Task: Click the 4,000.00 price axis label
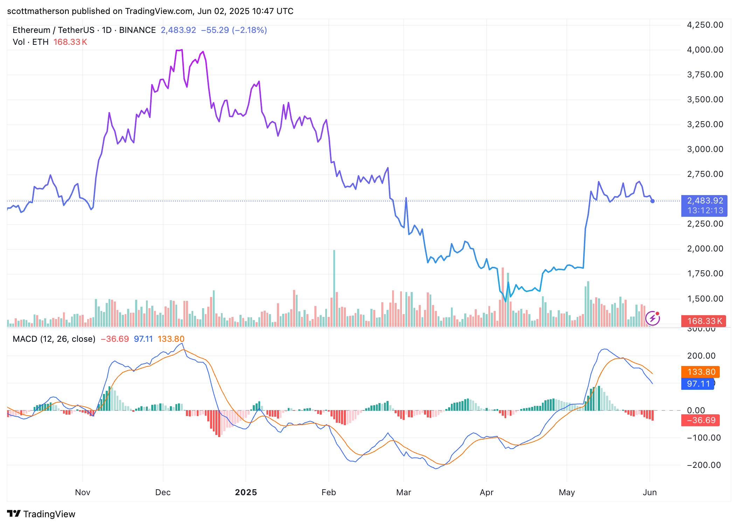[x=705, y=50]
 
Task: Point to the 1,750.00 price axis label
[x=705, y=274]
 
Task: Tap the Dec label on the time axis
[x=163, y=492]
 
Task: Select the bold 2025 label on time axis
[x=246, y=492]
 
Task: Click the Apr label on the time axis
[x=486, y=492]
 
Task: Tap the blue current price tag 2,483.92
[x=704, y=206]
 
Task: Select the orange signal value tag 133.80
[x=701, y=372]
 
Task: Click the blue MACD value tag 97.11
[x=697, y=384]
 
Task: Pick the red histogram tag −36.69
[x=700, y=420]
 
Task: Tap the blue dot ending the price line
[x=652, y=201]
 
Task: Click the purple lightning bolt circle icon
[x=653, y=318]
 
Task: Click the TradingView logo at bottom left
[x=41, y=514]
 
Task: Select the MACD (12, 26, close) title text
[x=54, y=339]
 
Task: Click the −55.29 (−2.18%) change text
[x=234, y=30]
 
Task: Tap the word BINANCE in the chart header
[x=137, y=30]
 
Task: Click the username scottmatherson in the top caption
[x=38, y=11]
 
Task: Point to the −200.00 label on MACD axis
[x=704, y=465]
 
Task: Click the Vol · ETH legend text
[x=30, y=42]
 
